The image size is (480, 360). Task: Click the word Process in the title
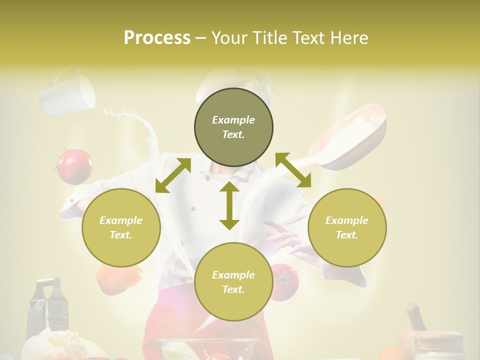click(157, 38)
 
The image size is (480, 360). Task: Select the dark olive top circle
click(233, 127)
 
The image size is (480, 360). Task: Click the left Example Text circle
click(121, 227)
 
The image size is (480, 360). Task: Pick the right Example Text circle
click(347, 227)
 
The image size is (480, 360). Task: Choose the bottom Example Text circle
click(233, 282)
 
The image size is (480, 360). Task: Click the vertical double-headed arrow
click(229, 205)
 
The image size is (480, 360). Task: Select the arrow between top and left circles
click(173, 175)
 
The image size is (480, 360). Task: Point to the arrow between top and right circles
click(293, 170)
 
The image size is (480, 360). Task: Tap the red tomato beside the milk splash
click(74, 166)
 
